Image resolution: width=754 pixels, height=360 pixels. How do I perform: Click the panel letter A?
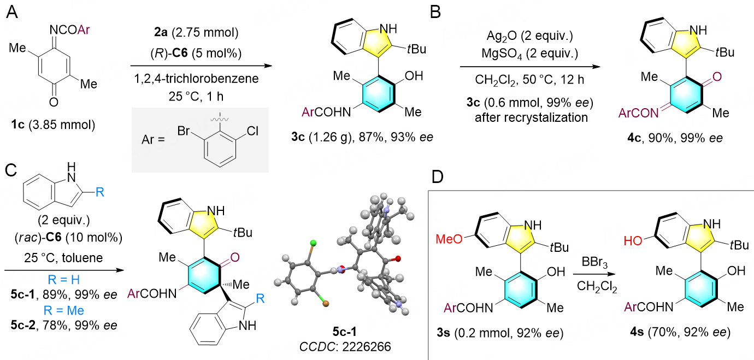(x=12, y=13)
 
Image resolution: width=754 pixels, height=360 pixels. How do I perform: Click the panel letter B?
(x=435, y=13)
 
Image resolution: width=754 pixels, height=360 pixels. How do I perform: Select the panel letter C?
(x=11, y=170)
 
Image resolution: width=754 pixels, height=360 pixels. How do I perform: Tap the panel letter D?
(x=438, y=177)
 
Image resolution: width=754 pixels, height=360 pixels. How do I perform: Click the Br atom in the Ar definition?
(x=184, y=131)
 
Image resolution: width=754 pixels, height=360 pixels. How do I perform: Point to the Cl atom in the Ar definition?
(x=252, y=131)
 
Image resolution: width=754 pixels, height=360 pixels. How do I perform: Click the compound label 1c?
(x=17, y=125)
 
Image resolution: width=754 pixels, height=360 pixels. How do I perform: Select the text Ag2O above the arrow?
(x=502, y=36)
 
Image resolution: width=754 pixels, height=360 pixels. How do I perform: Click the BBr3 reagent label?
(x=594, y=262)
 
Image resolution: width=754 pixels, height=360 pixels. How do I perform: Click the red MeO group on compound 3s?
(x=449, y=239)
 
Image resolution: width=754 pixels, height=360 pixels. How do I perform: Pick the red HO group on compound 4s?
(x=633, y=240)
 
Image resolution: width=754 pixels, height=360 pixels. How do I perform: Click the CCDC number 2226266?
(x=367, y=346)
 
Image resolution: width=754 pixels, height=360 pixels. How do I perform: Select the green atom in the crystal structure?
(x=313, y=243)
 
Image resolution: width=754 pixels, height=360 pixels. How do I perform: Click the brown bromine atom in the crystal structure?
(x=326, y=304)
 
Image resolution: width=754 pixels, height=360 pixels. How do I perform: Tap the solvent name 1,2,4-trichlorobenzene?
(x=196, y=79)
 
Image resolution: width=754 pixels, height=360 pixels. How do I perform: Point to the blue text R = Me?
(x=63, y=310)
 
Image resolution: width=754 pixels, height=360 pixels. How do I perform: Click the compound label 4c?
(x=634, y=138)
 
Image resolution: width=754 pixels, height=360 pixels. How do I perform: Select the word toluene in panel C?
(x=83, y=258)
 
